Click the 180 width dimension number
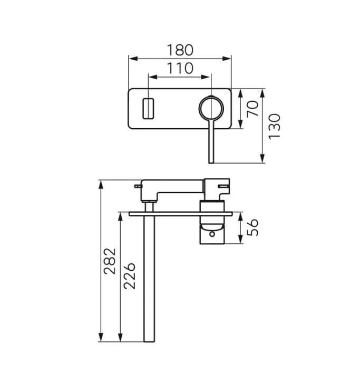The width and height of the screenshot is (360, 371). click(180, 50)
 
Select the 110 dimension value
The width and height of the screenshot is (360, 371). click(180, 68)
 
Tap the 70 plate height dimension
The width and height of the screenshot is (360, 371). click(254, 109)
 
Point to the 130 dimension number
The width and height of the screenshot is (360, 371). click(275, 126)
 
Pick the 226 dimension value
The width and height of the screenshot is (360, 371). click(130, 275)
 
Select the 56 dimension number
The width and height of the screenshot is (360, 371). click(254, 227)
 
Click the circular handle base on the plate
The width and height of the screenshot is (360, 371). click(211, 109)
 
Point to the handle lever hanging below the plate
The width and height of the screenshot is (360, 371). click(211, 142)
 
